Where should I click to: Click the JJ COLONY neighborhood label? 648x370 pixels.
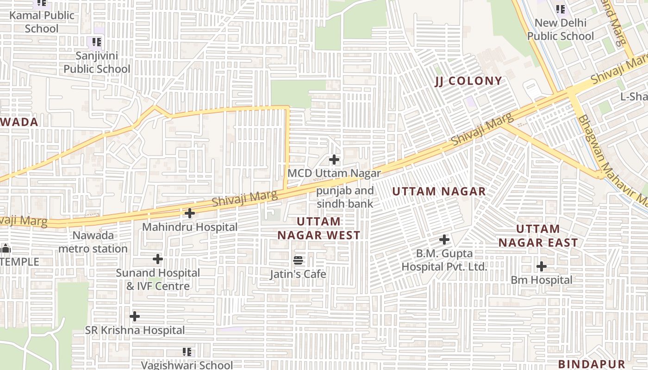pyautogui.click(x=468, y=81)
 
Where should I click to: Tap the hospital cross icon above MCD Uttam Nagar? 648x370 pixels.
pyautogui.click(x=334, y=160)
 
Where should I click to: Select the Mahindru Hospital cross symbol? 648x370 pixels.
pyautogui.click(x=189, y=214)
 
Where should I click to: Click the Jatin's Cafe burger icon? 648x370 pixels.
pyautogui.click(x=299, y=261)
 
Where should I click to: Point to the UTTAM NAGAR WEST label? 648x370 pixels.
pyautogui.click(x=319, y=228)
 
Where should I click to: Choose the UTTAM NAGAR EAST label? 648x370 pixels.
pyautogui.click(x=538, y=236)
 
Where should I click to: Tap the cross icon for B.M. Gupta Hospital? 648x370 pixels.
pyautogui.click(x=444, y=240)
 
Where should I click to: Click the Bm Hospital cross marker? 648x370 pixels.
pyautogui.click(x=542, y=266)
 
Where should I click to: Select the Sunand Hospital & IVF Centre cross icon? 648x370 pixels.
pyautogui.click(x=158, y=259)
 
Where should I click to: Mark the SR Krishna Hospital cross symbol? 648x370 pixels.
pyautogui.click(x=135, y=316)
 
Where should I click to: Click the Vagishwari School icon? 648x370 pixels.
pyautogui.click(x=187, y=352)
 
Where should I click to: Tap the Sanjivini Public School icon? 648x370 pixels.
pyautogui.click(x=97, y=43)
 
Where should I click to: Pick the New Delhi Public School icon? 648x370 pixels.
pyautogui.click(x=561, y=9)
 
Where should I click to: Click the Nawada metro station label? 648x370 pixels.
pyautogui.click(x=93, y=242)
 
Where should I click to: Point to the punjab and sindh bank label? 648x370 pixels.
pyautogui.click(x=345, y=197)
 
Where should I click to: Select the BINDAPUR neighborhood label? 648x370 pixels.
pyautogui.click(x=592, y=364)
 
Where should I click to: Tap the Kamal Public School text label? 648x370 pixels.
pyautogui.click(x=42, y=22)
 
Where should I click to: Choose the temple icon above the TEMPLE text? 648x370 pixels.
pyautogui.click(x=6, y=249)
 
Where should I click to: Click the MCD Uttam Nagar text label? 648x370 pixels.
pyautogui.click(x=334, y=173)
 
